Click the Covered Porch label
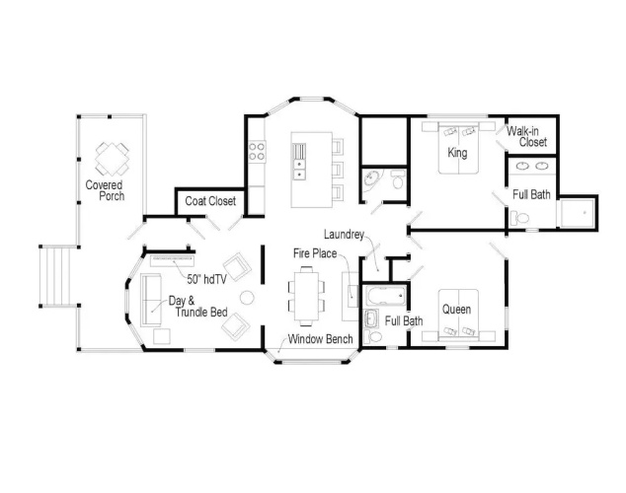[105, 190]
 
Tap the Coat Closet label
[210, 201]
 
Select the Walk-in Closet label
[526, 136]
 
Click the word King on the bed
[457, 152]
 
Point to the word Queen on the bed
[456, 310]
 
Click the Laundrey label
[344, 235]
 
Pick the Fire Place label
[315, 253]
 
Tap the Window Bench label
[320, 339]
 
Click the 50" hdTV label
[206, 279]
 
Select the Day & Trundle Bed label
[198, 306]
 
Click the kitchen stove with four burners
[257, 152]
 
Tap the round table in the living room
[247, 298]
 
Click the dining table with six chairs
[307, 295]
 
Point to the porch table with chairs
[113, 160]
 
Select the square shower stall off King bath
[578, 213]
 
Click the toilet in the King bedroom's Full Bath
[519, 218]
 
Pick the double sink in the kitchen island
[298, 170]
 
